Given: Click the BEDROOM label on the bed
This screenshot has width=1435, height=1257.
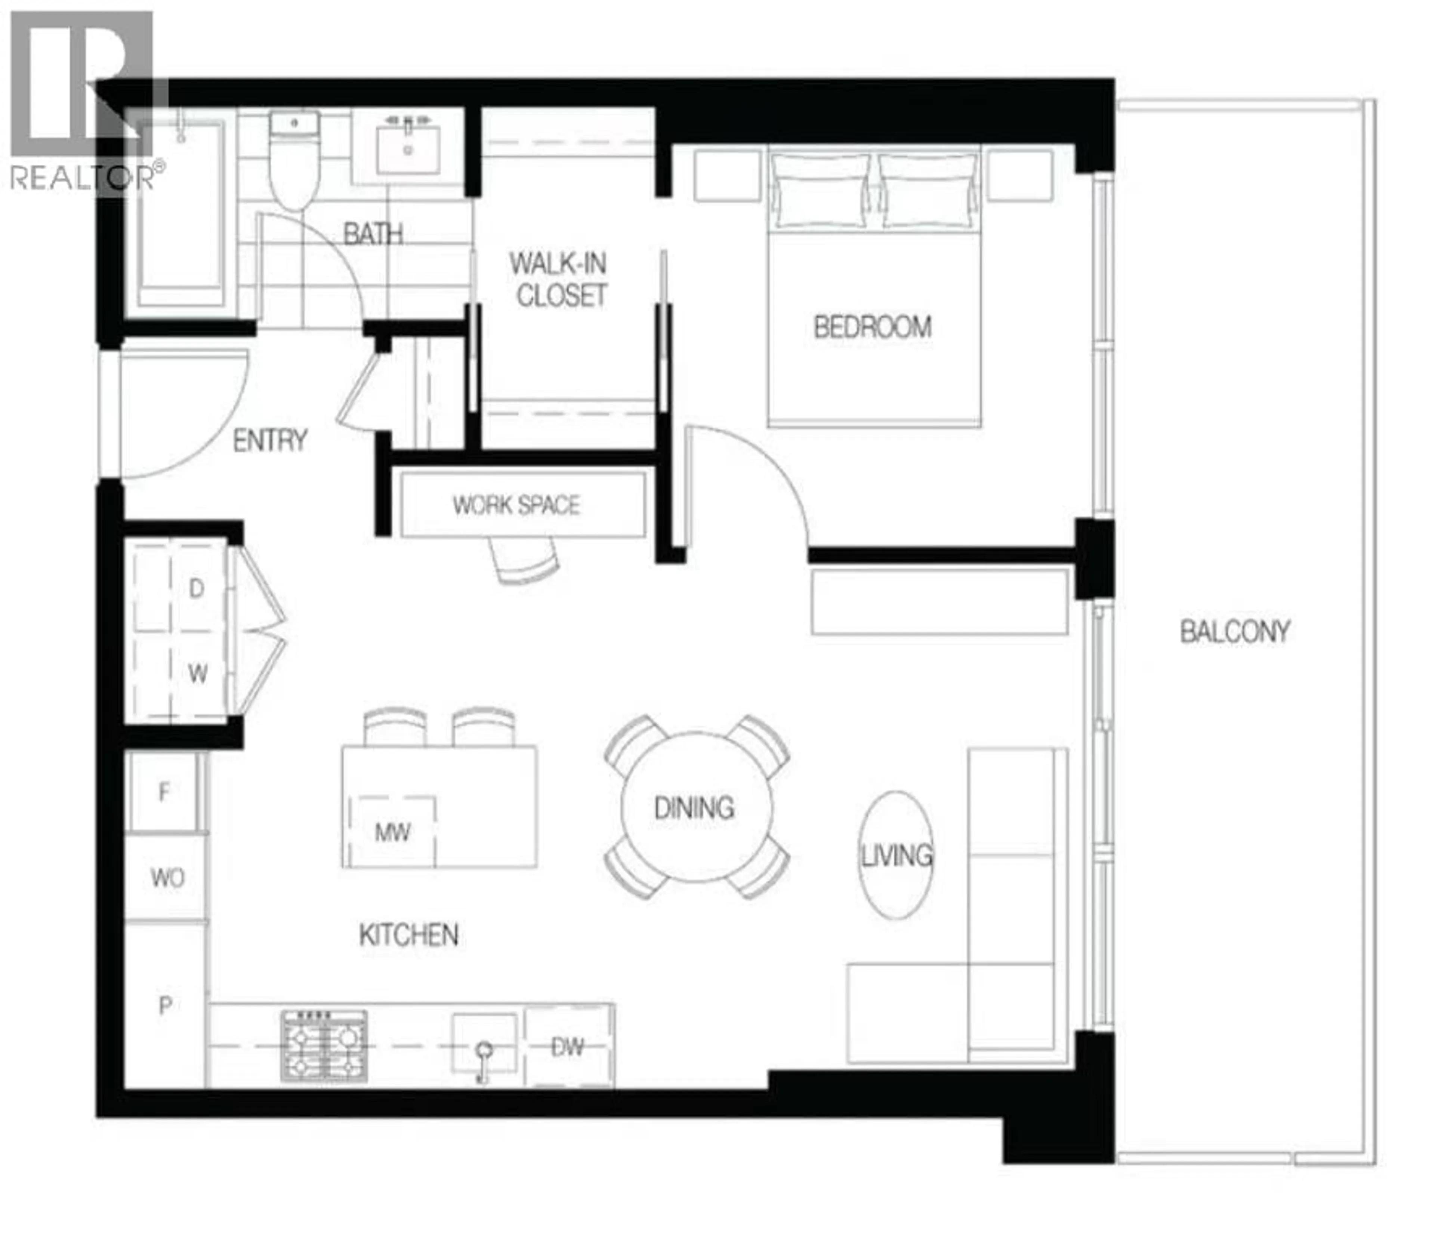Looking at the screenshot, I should (872, 327).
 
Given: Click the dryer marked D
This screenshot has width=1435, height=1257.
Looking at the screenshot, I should (197, 588).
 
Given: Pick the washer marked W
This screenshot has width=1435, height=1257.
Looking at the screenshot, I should (197, 674).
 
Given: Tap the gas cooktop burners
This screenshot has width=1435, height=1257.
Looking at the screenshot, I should (324, 1045).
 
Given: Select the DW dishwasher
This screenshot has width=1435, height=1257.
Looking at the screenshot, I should (568, 1047).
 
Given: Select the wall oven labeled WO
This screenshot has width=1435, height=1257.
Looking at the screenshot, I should (167, 877).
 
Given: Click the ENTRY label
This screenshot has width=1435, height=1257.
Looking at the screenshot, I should (270, 441).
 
